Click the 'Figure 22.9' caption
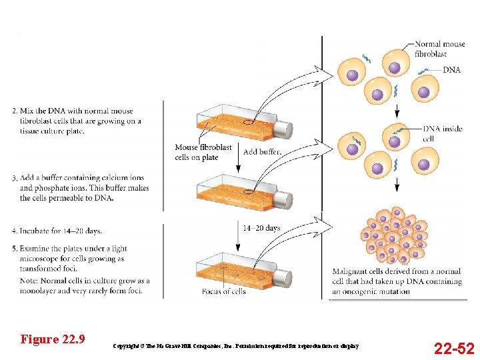[53, 339]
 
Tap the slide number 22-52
[454, 348]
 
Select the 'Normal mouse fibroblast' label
[440, 49]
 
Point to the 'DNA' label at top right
[451, 69]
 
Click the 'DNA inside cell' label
[443, 133]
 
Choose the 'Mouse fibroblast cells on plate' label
[203, 152]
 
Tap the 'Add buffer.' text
[263, 152]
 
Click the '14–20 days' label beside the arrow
[261, 228]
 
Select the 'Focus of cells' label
[224, 291]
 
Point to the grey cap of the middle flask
[283, 200]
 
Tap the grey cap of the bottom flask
[283, 279]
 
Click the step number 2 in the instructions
[15, 111]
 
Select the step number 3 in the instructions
[15, 179]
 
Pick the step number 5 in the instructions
[15, 249]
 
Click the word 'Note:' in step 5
[31, 281]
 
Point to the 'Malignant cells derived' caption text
[397, 281]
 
